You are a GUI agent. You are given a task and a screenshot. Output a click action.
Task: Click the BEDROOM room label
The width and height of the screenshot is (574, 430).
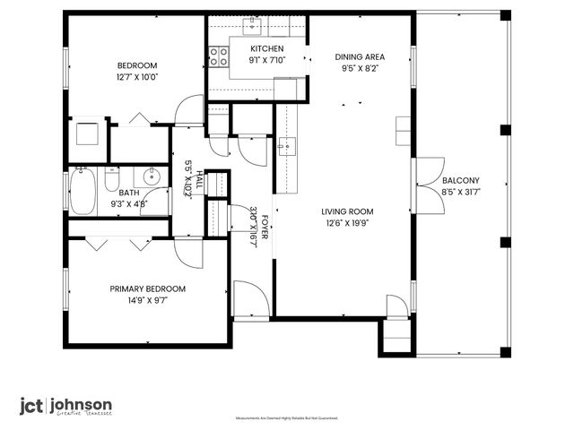[x=137, y=65]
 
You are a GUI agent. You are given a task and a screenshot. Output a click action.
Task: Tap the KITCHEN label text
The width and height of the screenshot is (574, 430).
[x=266, y=49]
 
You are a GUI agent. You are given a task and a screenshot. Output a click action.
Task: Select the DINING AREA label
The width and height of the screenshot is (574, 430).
[x=356, y=56]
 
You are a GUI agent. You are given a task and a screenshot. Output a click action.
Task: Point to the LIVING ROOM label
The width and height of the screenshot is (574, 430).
[x=347, y=212]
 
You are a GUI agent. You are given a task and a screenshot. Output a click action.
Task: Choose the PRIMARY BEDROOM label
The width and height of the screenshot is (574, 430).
[x=147, y=288]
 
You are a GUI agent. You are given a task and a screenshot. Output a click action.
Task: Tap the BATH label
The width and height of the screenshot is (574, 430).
[x=129, y=193]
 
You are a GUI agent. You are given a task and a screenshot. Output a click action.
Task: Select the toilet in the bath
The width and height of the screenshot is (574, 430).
[x=111, y=181]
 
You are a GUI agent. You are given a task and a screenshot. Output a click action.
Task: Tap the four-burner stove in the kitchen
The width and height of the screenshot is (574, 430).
[x=218, y=57]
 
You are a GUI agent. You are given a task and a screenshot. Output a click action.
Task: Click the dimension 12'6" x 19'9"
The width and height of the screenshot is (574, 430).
[x=347, y=224]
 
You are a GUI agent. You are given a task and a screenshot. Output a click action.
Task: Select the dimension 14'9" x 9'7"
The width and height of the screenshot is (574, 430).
[x=147, y=300]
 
